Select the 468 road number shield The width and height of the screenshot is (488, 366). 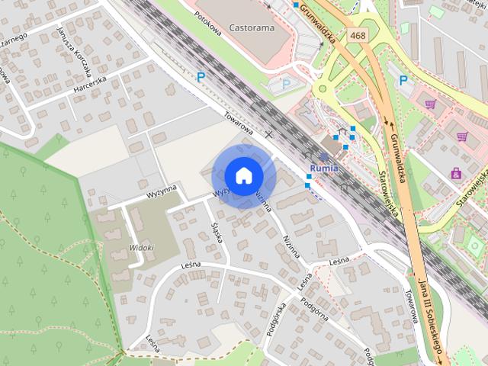point(357,35)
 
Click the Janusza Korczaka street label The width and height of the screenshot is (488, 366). point(74,53)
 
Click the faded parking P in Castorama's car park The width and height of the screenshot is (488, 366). point(286,84)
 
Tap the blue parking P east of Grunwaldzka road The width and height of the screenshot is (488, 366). point(403,79)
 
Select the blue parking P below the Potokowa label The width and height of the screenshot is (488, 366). point(201,76)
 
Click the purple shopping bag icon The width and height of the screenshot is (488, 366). point(456,174)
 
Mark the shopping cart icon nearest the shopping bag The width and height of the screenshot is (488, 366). point(461,137)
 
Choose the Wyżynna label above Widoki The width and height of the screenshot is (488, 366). point(162,191)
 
